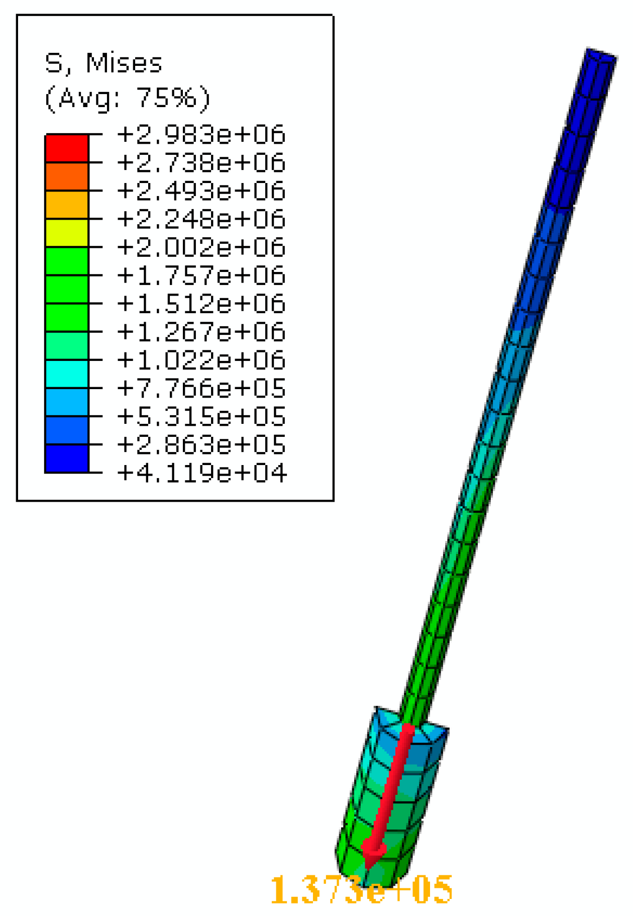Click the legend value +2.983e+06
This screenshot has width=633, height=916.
(x=201, y=135)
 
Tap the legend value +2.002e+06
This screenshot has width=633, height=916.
(x=201, y=247)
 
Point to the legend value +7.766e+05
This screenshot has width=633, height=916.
(x=201, y=389)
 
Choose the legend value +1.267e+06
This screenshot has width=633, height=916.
(x=201, y=332)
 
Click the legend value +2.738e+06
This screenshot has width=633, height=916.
(x=201, y=163)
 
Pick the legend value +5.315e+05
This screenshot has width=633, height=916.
(x=201, y=417)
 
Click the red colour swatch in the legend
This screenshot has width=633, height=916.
(x=67, y=149)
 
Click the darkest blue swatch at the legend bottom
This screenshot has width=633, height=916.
(x=67, y=459)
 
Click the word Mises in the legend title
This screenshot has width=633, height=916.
(x=124, y=64)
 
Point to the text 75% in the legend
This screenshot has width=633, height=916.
(x=167, y=98)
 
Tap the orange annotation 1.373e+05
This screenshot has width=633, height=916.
(x=361, y=890)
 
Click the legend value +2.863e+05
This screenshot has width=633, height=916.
(x=201, y=445)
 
